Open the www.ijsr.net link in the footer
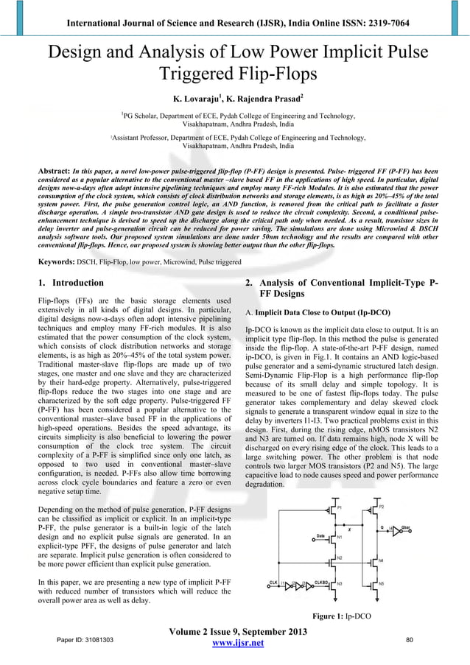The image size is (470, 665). point(236,644)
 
